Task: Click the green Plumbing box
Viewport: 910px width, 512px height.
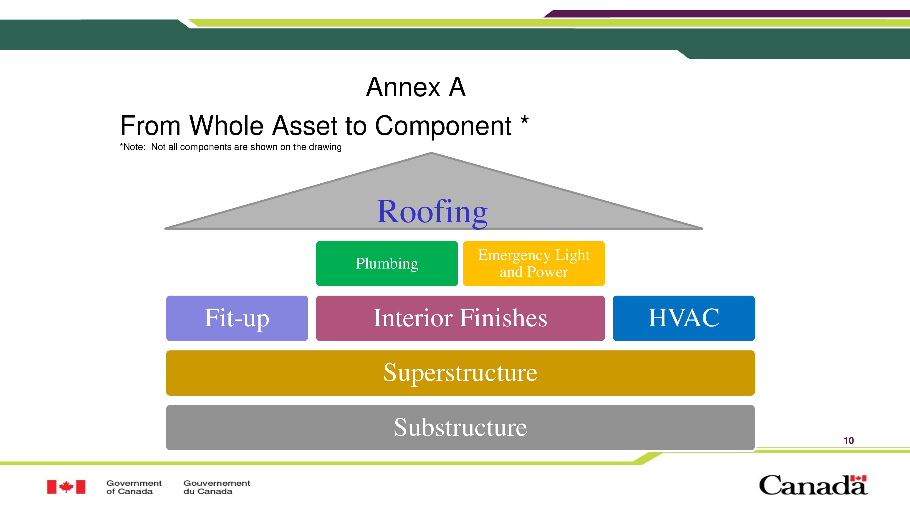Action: point(387,263)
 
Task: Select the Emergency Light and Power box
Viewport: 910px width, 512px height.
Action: point(534,263)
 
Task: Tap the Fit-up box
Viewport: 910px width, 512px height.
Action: point(237,318)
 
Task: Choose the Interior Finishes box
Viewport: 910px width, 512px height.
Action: point(460,318)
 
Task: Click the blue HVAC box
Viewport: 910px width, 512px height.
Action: point(684,318)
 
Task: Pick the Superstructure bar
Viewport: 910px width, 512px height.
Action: point(460,373)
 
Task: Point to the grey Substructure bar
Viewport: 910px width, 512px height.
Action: point(460,428)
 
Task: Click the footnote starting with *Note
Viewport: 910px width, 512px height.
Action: point(231,147)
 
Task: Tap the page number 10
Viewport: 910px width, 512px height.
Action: point(849,441)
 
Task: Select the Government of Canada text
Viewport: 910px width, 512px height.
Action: point(134,487)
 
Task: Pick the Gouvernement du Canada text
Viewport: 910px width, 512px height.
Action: point(217,487)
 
